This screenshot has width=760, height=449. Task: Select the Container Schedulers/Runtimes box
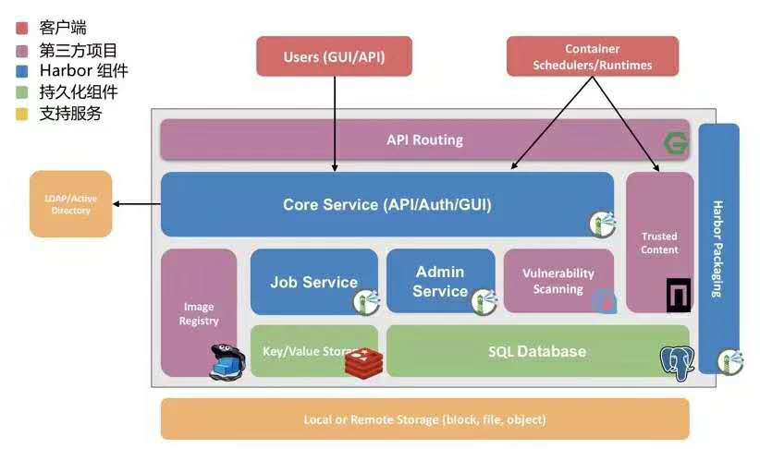[592, 56]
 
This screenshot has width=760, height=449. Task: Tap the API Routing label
[424, 140]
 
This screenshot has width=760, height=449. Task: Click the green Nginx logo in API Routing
[677, 143]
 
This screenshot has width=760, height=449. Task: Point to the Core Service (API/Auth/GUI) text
[386, 204]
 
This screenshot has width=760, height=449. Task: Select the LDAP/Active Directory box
[71, 204]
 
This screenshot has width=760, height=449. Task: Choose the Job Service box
[313, 282]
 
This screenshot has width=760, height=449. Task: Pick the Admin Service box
[440, 281]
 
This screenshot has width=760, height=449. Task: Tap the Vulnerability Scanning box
[558, 281]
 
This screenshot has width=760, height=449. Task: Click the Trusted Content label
[659, 243]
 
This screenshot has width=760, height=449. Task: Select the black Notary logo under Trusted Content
[678, 295]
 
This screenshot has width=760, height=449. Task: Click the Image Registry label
[199, 313]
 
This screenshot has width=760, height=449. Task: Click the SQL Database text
[536, 351]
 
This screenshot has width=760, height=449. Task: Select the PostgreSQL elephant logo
[677, 363]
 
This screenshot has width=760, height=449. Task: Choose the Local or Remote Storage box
[424, 419]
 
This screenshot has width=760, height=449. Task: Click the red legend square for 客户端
[22, 29]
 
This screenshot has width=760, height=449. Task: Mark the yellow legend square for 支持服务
[22, 114]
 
